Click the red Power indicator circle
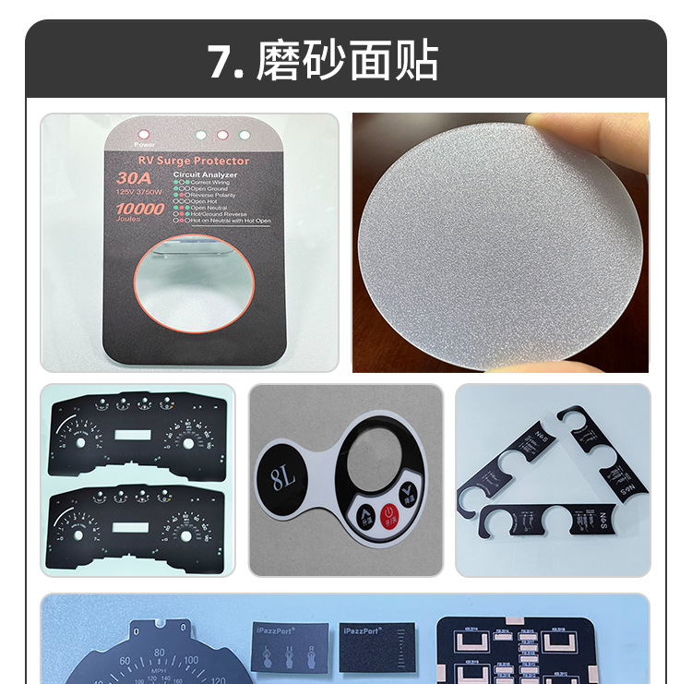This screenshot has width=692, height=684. [141, 134]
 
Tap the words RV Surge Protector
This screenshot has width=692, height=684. [188, 161]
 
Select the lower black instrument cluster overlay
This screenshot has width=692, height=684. [138, 526]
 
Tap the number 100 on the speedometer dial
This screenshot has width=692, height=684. [191, 660]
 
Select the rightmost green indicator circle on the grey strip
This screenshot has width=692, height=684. [245, 135]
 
